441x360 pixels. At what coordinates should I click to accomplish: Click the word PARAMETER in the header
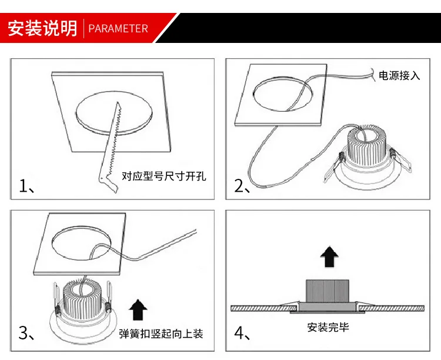coord(118,28)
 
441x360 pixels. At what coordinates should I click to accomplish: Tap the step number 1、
coord(27,186)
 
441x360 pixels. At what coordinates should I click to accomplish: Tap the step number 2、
coord(243,186)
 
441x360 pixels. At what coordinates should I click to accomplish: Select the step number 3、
coord(27,334)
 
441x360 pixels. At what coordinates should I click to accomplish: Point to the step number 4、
coord(243,334)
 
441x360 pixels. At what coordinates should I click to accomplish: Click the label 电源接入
coord(399,76)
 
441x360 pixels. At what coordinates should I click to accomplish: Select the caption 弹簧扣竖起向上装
coord(161,334)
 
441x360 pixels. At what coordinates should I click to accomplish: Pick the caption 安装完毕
coord(328,327)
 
